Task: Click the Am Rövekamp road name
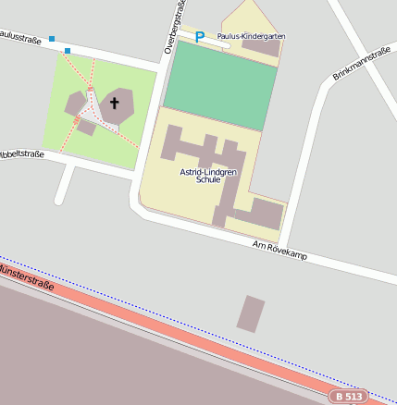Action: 279,248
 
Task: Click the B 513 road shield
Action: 348,396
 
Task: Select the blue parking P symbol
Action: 199,37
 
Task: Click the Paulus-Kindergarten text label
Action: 251,36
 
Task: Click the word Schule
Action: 208,181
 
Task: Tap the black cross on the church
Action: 116,104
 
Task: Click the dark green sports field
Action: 220,79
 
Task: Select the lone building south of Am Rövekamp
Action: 251,313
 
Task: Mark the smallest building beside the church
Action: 86,127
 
